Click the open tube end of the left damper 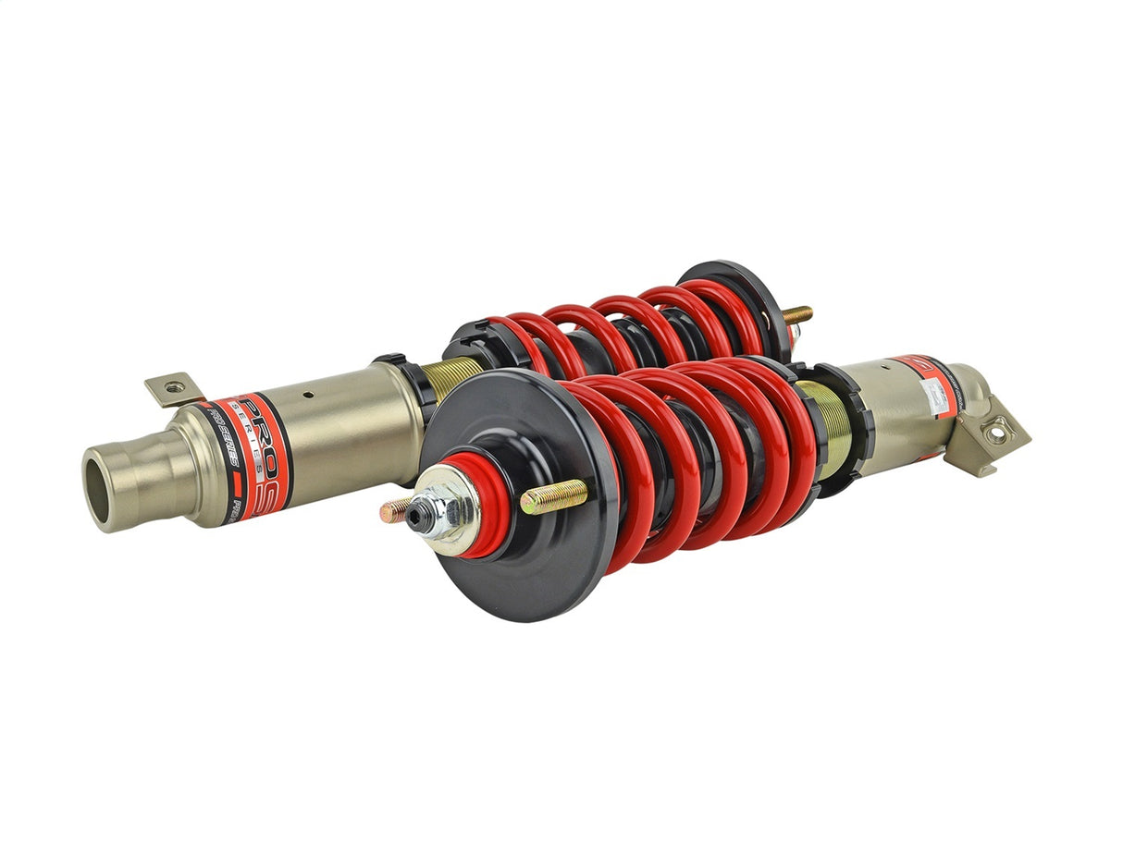coord(104,488)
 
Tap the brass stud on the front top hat coord(553,497)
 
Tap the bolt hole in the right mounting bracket coord(996,431)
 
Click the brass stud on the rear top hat coord(797,314)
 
